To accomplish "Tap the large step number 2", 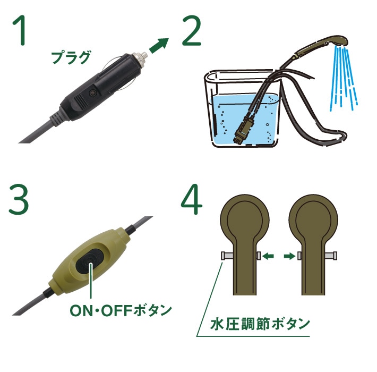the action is coord(191,31).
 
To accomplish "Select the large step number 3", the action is coord(19,199).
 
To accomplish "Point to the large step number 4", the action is coord(192,199).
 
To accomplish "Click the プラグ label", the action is coord(71,57).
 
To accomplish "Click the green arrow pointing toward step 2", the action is coord(159,46).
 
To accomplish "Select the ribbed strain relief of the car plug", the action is coord(56,117).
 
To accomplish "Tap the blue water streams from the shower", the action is coord(344,78).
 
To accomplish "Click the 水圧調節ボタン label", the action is coord(260,324).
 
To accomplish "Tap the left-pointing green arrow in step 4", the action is coord(268,256).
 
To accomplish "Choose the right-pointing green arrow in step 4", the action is coord(289,256).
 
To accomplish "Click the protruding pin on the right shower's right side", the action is coord(331,256).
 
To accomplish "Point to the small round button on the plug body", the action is coord(92,93).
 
